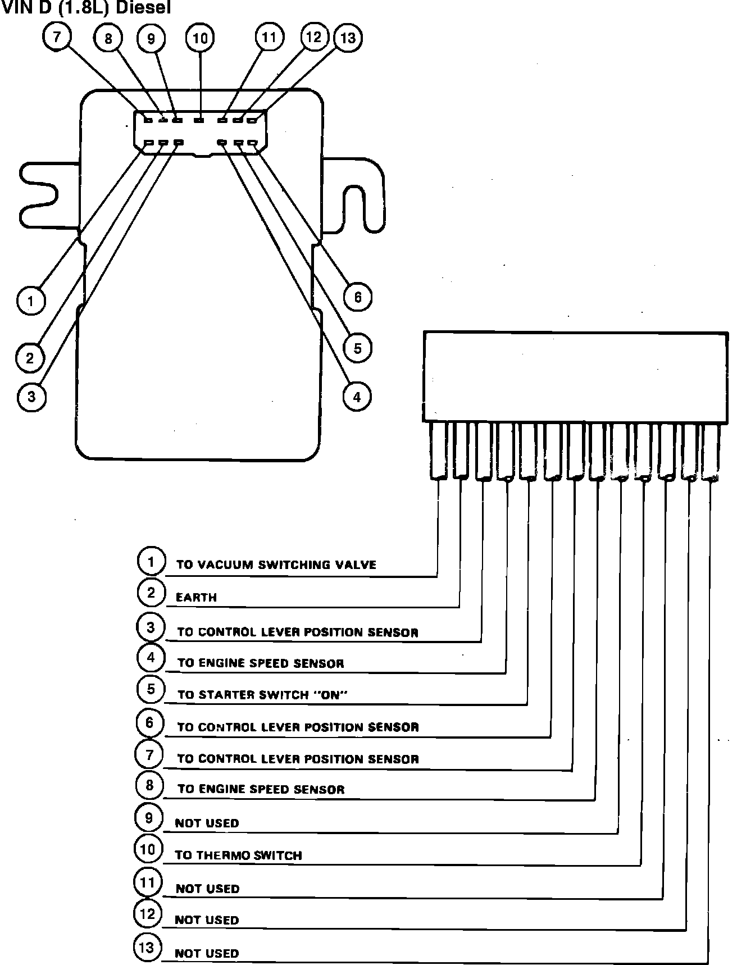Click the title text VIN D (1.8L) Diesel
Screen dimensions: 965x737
85,8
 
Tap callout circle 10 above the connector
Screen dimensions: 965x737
200,38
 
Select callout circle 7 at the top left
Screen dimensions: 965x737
57,38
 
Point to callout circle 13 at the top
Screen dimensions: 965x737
348,38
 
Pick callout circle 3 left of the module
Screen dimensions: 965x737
31,397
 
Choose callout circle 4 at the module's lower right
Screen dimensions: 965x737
357,397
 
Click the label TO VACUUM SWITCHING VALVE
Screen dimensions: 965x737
276,565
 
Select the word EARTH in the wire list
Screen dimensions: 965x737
196,598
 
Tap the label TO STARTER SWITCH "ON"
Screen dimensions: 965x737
262,695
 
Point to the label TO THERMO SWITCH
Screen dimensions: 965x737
238,855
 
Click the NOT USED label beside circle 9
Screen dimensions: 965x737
207,823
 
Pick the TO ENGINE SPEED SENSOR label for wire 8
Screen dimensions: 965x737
261,790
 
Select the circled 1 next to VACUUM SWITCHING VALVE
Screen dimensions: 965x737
151,561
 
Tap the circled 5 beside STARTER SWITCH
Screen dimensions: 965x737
150,689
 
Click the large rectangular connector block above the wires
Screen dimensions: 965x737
575,376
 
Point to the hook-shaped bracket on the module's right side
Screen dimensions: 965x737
360,197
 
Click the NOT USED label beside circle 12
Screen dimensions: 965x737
207,920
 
